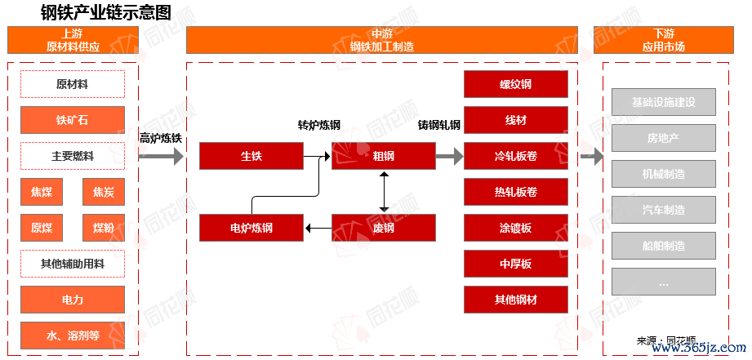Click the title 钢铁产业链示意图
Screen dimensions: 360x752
point(106,12)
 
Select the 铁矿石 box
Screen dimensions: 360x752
point(73,120)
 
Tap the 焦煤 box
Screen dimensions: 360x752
point(42,192)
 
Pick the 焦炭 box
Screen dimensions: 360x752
point(104,192)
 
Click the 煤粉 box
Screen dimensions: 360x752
point(104,228)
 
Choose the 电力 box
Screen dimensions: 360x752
point(73,300)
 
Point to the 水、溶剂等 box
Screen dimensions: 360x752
point(73,335)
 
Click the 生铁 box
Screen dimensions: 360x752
point(251,156)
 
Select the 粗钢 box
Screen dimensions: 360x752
point(383,156)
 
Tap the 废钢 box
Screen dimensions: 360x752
point(383,228)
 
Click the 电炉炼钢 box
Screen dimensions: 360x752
point(251,228)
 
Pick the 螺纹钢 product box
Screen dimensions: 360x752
point(515,84)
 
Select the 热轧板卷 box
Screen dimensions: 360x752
point(515,192)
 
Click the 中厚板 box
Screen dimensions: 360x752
point(515,264)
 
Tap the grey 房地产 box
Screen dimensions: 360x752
point(663,138)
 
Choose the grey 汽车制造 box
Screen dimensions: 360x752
point(663,210)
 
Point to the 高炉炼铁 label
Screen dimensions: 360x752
point(160,138)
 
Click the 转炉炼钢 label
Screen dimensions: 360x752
point(318,125)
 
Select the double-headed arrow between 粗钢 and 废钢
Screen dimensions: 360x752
point(383,192)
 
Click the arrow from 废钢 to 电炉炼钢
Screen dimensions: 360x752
point(318,228)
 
